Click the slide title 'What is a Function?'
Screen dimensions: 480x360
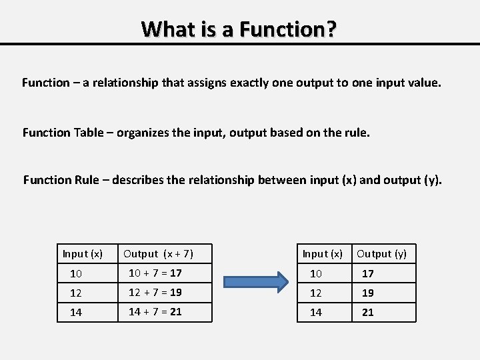pos(239,29)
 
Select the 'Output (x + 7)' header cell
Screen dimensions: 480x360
pos(159,253)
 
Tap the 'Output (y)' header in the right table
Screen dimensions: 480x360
pos(381,253)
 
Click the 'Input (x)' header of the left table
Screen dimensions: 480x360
pos(83,253)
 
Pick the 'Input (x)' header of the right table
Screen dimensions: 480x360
pos(323,253)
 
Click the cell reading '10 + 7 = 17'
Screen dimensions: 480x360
pos(155,273)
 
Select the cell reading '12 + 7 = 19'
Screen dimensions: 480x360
pos(155,292)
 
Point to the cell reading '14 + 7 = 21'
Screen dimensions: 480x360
pos(155,311)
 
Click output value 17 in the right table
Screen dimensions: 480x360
pos(367,274)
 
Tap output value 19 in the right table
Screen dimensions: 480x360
pos(367,293)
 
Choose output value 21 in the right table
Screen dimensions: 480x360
pos(367,313)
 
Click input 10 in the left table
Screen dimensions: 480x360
pos(76,274)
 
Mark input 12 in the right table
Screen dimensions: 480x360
pos(316,293)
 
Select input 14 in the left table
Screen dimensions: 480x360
pos(76,313)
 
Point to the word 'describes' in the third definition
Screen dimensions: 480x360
pos(139,180)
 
